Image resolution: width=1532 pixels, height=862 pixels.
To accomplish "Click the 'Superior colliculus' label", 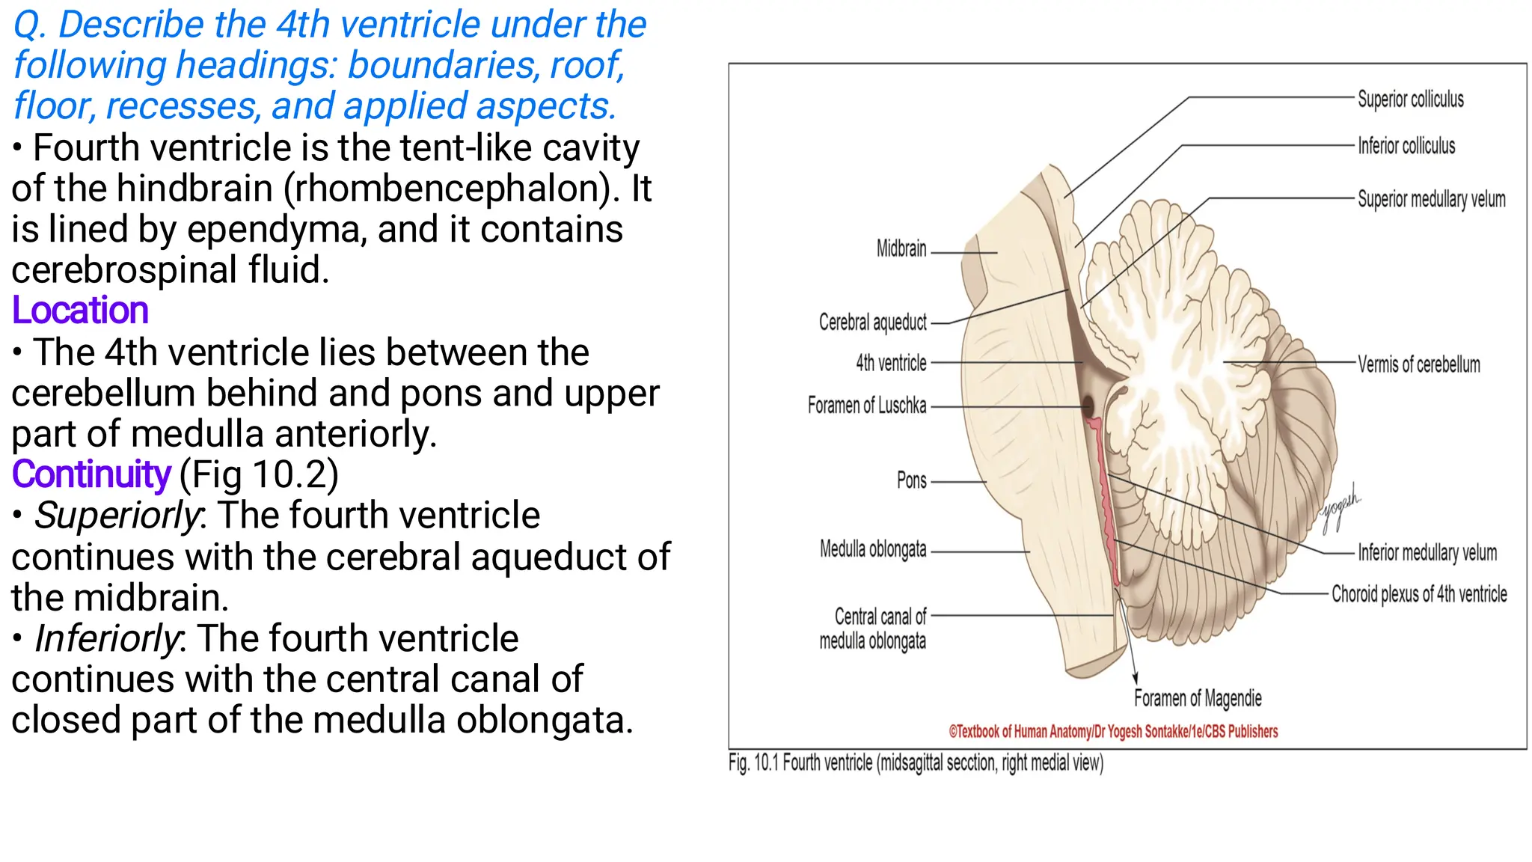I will (1410, 100).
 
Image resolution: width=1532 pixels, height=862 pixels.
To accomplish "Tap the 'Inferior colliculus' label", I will (1406, 146).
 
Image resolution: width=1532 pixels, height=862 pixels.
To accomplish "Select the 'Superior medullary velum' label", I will (1431, 199).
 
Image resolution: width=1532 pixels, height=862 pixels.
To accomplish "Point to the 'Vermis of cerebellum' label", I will (1418, 364).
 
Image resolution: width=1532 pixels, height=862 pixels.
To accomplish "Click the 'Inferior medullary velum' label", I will (1427, 553).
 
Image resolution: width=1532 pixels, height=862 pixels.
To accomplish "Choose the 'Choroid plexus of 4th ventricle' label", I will (1418, 594).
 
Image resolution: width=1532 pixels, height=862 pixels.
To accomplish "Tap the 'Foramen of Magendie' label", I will (1198, 698).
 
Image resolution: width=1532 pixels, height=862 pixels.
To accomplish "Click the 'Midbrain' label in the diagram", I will (901, 248).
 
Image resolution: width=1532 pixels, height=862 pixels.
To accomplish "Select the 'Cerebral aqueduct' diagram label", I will (872, 323).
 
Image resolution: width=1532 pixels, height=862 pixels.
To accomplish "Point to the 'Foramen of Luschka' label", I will (866, 406).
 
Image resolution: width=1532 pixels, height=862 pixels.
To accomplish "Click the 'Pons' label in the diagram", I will (911, 480).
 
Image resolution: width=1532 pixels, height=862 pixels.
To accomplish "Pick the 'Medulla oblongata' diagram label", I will (872, 549).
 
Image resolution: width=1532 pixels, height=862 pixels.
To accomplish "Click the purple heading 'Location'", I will (80, 311).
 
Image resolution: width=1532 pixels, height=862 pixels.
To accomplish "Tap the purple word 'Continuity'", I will (91, 474).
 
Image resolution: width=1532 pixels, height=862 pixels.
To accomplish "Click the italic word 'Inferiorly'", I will (107, 638).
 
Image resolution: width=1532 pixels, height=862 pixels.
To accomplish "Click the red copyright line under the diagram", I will (1113, 732).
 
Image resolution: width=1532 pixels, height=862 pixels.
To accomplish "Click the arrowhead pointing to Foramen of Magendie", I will (1135, 678).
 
